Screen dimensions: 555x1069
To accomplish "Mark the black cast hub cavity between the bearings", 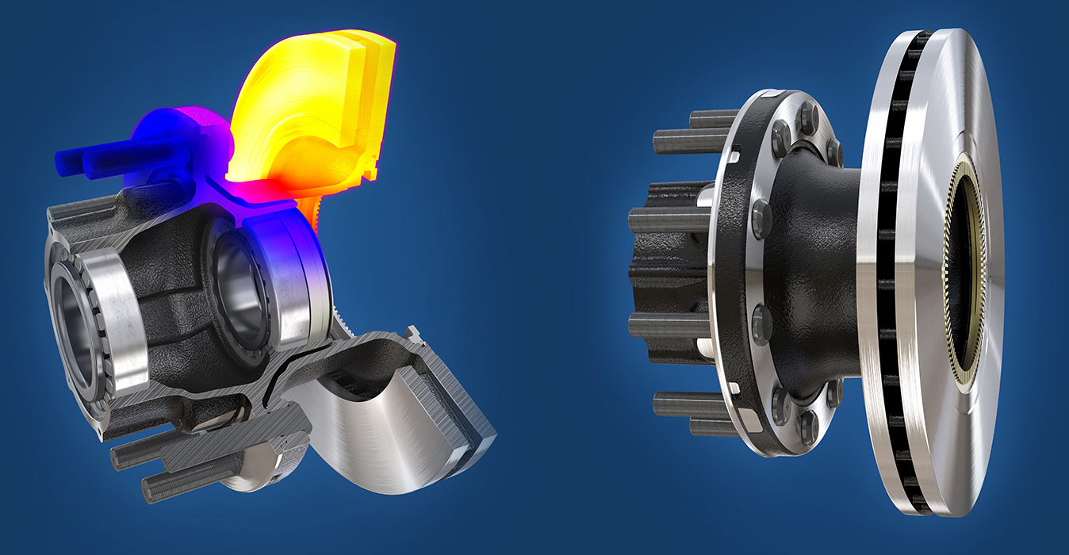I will (171, 293).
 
